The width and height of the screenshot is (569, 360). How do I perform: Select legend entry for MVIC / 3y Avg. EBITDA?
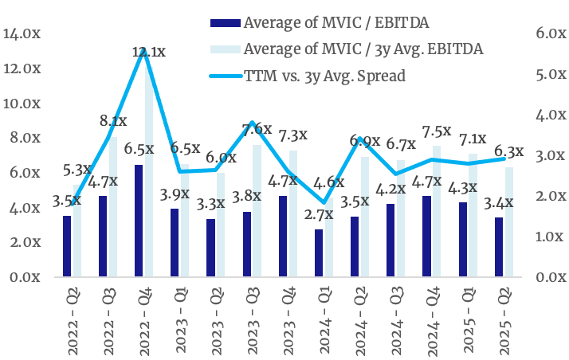point(362,49)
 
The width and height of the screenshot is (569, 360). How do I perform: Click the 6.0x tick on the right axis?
point(551,33)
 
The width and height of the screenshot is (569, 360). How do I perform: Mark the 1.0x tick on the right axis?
point(551,237)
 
